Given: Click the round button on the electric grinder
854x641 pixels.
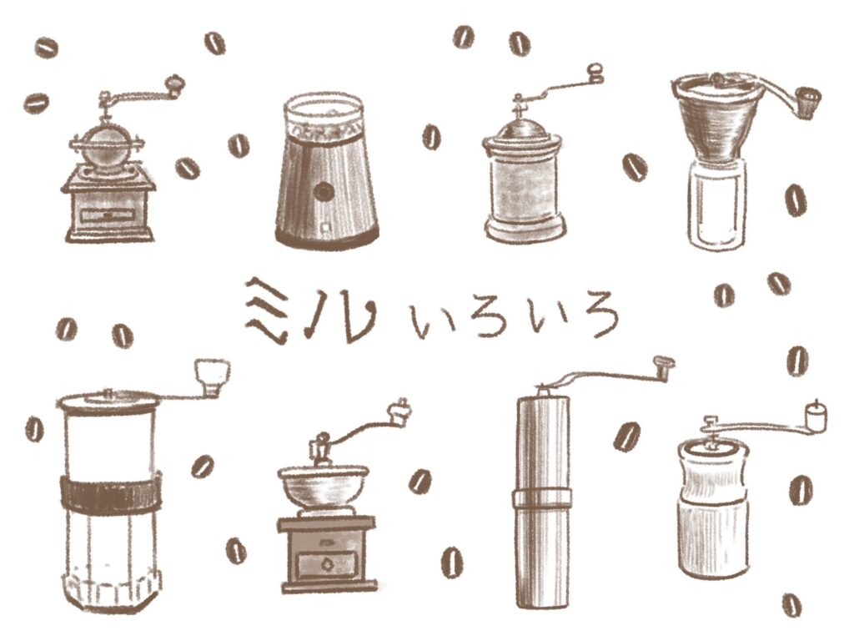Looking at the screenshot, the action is (324, 192).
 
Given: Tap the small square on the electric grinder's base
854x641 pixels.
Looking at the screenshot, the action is (326, 227).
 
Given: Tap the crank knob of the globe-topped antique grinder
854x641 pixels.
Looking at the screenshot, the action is (175, 85).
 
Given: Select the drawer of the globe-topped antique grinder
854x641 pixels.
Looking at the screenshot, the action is (108, 215).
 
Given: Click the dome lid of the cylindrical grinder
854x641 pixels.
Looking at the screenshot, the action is (522, 129).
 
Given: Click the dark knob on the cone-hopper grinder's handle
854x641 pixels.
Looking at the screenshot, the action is (807, 103).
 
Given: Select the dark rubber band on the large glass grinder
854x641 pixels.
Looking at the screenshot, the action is (109, 492).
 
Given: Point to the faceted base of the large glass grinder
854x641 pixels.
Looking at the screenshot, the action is (113, 588).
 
